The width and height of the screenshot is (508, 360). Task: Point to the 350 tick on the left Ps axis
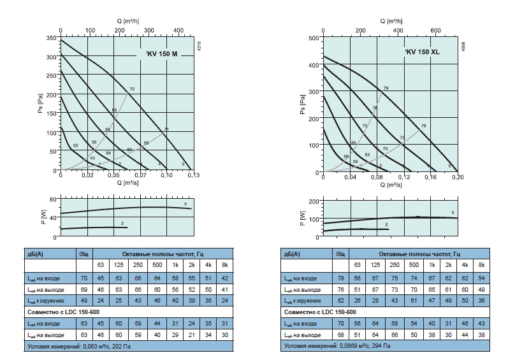[52, 39]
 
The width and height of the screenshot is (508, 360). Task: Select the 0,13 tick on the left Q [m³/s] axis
[192, 175]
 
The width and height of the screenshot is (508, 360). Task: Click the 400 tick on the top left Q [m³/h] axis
[178, 30]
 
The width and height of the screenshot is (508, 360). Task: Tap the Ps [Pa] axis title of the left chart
[40, 106]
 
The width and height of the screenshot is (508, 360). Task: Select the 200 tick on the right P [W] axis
[313, 201]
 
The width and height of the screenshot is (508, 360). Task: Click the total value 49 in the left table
[83, 299]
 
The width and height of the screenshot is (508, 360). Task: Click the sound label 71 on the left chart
[166, 130]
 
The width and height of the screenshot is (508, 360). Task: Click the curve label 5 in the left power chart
[185, 203]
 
